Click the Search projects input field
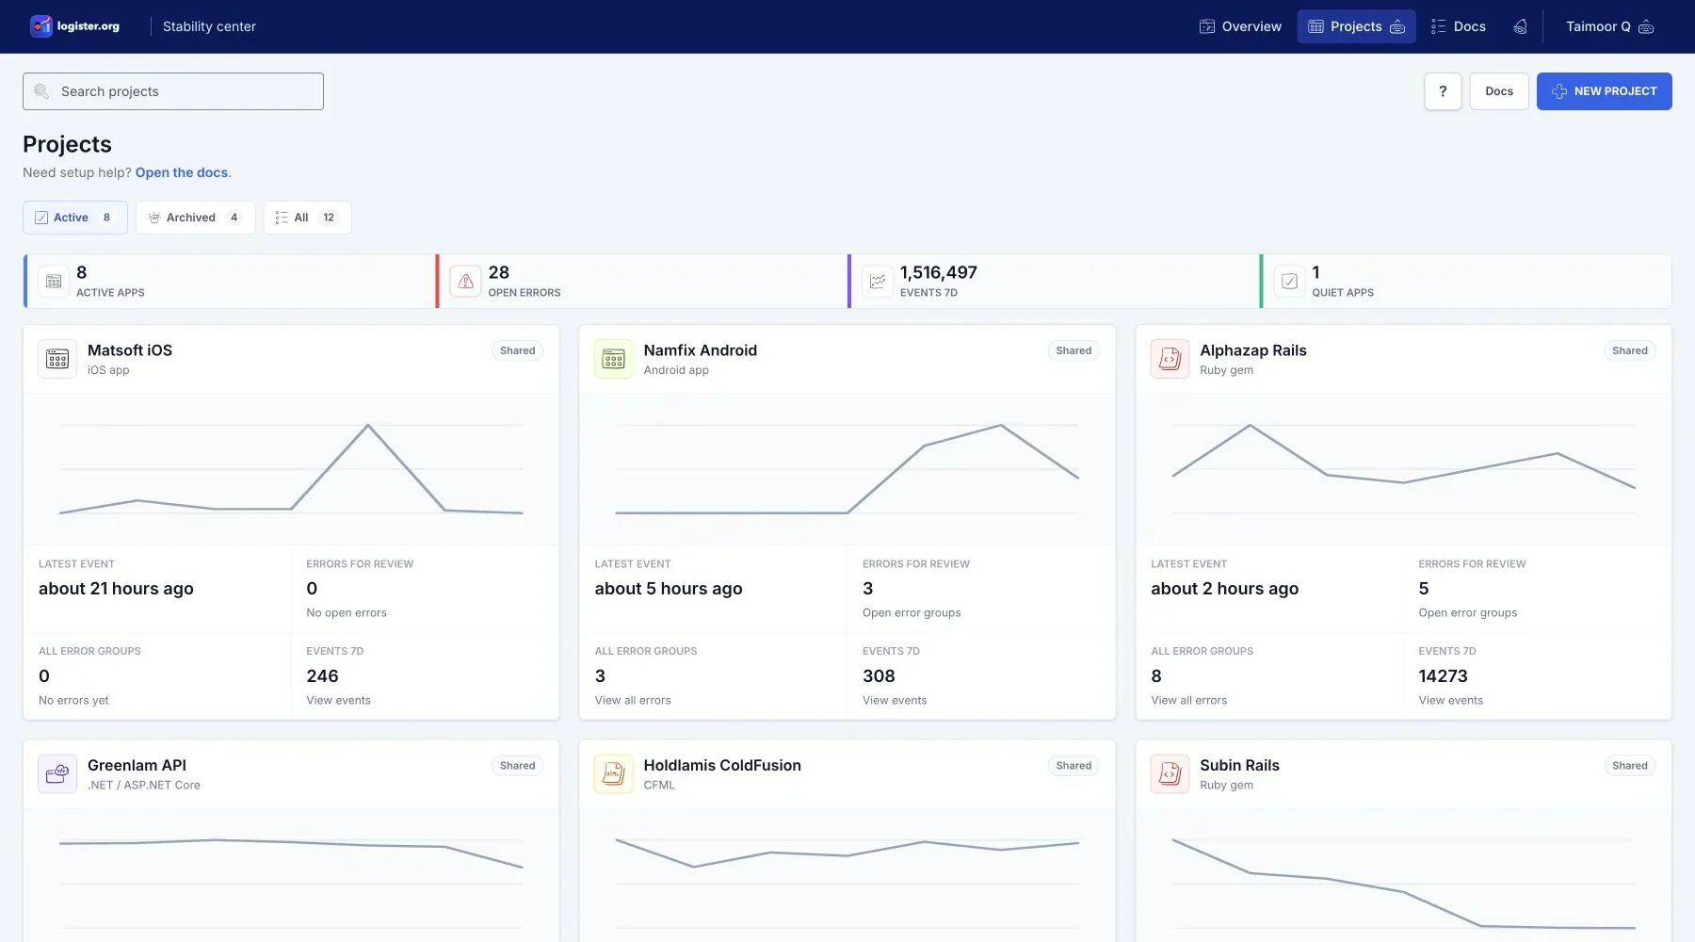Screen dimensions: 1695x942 point(173,91)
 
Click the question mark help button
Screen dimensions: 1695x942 point(1443,91)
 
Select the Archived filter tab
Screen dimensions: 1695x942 point(195,218)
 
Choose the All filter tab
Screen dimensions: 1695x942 point(307,218)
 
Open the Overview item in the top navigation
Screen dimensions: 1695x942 point(1240,26)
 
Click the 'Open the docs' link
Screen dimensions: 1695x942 point(182,172)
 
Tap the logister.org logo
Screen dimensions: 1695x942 point(75,26)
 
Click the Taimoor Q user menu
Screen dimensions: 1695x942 point(1609,26)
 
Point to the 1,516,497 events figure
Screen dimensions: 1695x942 point(939,272)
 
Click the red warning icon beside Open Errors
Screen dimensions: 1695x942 point(465,281)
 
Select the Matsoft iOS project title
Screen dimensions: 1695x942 point(130,350)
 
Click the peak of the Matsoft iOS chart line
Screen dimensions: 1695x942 point(368,425)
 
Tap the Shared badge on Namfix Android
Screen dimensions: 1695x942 point(1073,350)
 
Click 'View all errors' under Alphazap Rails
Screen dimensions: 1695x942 point(1189,700)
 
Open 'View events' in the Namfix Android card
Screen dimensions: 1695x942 point(895,700)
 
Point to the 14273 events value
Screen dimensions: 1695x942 point(1443,676)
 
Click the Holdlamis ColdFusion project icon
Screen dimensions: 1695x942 point(614,774)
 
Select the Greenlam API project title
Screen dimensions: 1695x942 point(137,765)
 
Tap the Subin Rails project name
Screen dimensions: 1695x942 point(1239,765)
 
